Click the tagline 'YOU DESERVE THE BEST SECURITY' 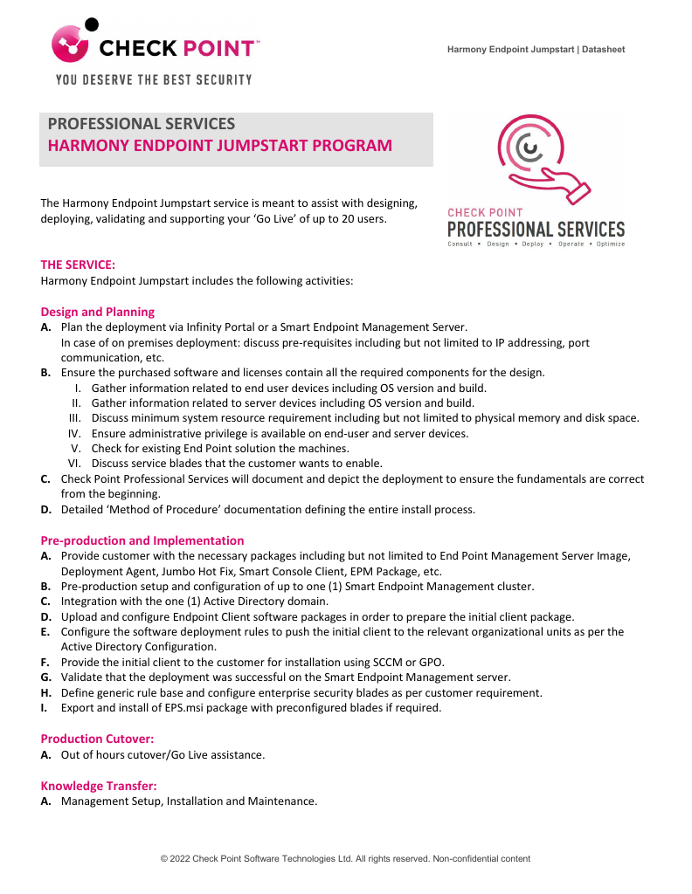coord(154,79)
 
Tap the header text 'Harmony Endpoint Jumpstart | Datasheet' coord(536,50)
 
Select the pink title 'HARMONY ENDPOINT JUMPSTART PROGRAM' coord(219,146)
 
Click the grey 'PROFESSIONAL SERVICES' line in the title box coord(141,124)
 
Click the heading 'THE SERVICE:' coord(78,264)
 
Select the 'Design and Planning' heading coord(98,312)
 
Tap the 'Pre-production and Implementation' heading coord(142,540)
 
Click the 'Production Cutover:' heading coord(97,739)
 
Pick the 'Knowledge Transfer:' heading coord(98,786)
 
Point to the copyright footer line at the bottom coord(345,859)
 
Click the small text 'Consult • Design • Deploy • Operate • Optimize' coord(536,244)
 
